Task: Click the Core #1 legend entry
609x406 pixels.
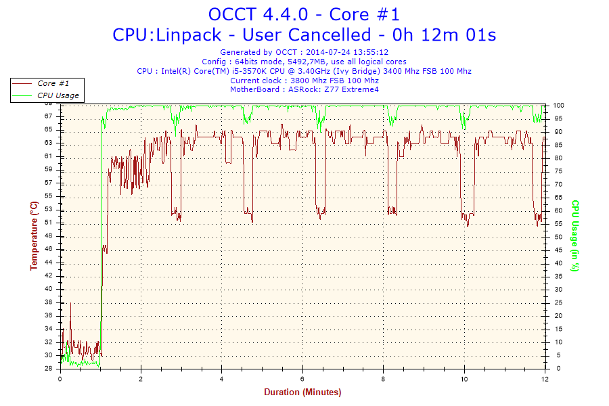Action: coord(53,83)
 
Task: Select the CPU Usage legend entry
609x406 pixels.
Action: coord(58,95)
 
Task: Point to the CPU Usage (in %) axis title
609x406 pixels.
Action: coord(576,235)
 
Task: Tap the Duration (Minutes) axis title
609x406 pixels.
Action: coord(302,392)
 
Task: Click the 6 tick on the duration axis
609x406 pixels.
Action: coord(302,379)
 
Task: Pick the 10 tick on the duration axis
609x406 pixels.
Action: coord(464,379)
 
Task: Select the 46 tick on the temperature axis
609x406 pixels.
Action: coord(49,249)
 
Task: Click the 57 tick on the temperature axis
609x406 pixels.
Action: coord(49,183)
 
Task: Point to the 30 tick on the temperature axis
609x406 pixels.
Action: coord(49,355)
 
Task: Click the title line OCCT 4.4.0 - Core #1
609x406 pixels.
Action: coord(304,14)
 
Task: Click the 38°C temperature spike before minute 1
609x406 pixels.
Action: coord(70,303)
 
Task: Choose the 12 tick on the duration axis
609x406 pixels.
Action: coord(545,379)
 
